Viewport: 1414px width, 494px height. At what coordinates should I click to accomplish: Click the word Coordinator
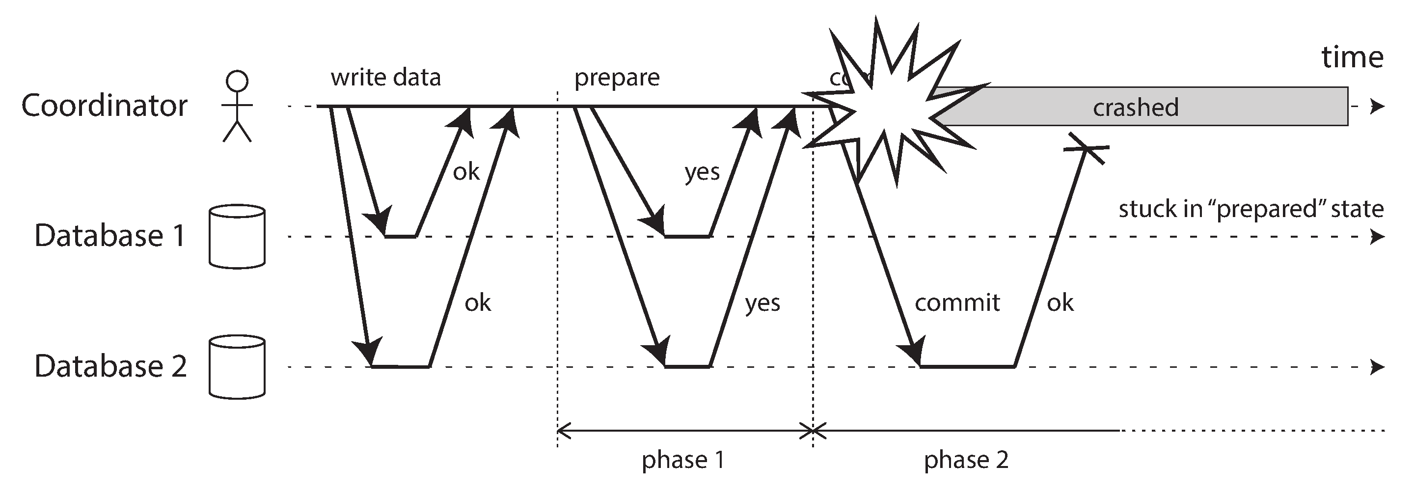tap(104, 106)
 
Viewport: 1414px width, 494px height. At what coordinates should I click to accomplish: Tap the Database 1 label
tap(110, 236)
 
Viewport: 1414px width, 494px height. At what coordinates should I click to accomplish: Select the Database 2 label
tap(110, 366)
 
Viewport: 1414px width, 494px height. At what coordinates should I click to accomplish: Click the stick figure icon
tap(237, 107)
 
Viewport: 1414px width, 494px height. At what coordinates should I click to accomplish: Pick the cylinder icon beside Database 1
tap(237, 237)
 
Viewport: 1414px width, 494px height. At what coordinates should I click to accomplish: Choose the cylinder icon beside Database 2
tap(237, 366)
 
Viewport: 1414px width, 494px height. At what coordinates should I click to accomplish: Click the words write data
tap(385, 78)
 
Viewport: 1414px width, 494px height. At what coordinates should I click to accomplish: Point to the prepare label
tap(617, 78)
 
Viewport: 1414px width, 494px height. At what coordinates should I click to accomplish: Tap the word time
tap(1352, 57)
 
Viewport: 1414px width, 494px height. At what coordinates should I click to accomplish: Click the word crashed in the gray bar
tap(1135, 108)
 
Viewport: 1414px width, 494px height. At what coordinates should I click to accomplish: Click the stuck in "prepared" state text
tap(1251, 209)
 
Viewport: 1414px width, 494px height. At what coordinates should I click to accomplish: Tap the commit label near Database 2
tap(957, 302)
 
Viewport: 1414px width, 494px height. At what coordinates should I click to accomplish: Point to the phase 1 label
tap(683, 460)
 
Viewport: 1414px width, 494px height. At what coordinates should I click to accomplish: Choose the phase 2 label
tap(966, 460)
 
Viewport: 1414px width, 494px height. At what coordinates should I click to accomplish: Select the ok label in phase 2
tap(1060, 302)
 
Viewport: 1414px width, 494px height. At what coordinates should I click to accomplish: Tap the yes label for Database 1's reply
tap(702, 172)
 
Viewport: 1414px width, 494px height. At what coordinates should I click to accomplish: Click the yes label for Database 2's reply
tap(762, 302)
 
